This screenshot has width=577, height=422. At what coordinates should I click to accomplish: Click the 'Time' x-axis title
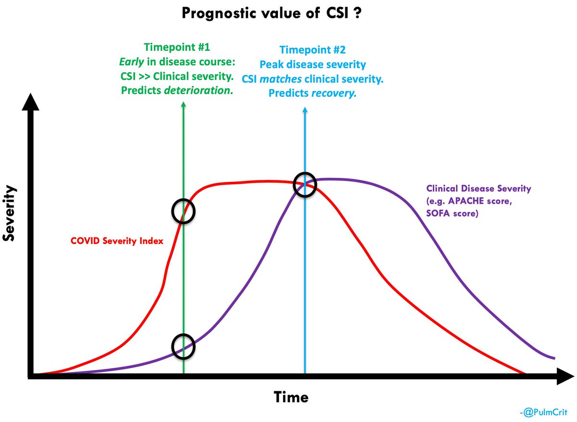point(291,397)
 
